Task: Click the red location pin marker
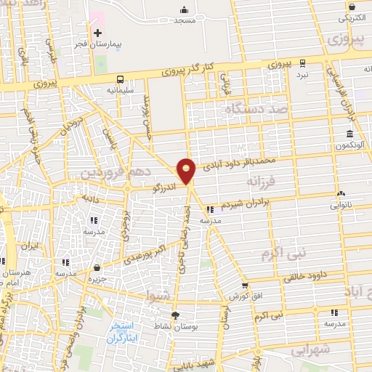[187, 171]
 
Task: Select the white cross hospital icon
[97, 33]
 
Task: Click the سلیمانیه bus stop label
[119, 91]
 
